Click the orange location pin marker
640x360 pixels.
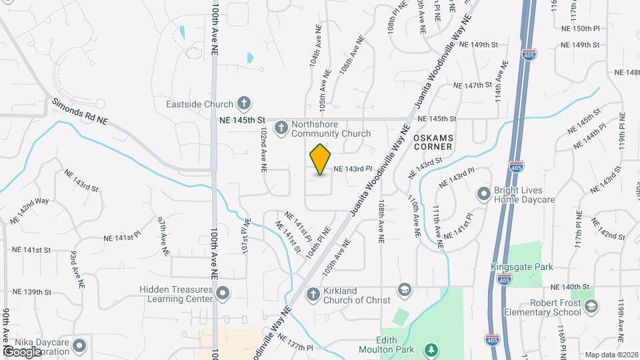[321, 159]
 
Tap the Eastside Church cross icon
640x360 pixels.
[244, 103]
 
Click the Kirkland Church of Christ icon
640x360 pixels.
[312, 294]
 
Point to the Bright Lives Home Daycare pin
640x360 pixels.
[484, 193]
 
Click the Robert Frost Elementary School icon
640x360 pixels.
[591, 306]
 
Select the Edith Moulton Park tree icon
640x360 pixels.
[432, 349]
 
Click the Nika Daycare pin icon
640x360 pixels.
[80, 345]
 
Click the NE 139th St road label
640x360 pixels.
[32, 292]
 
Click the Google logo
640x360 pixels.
[22, 351]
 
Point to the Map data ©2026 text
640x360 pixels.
[611, 355]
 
